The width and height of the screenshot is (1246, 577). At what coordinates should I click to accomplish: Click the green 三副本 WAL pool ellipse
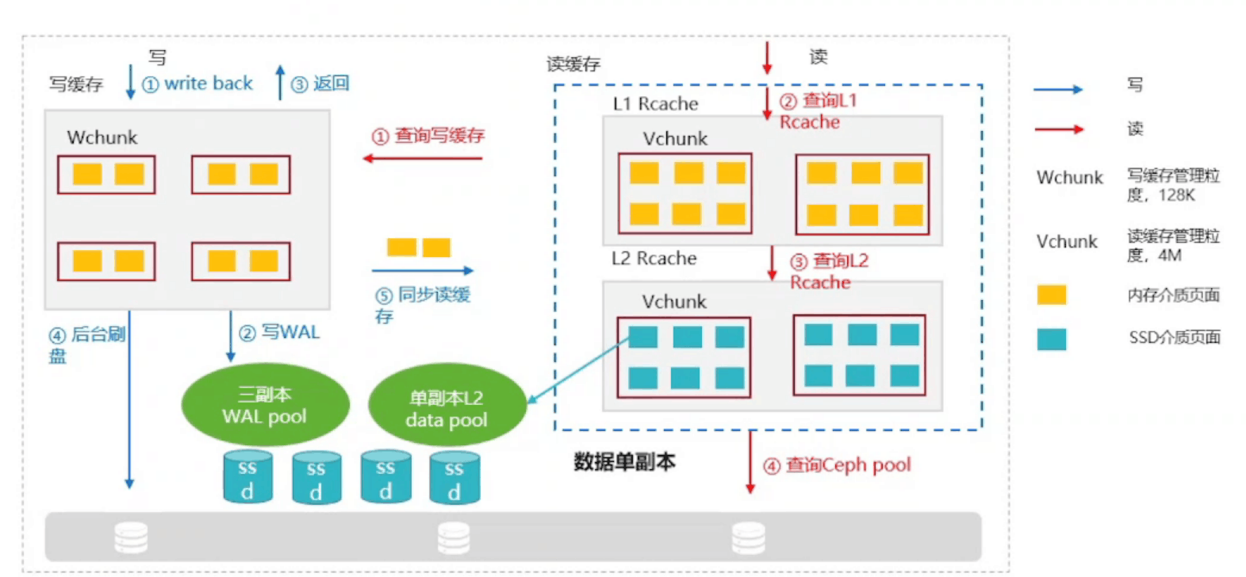[x=265, y=405]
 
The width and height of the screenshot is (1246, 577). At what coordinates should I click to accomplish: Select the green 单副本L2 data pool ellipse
[x=447, y=408]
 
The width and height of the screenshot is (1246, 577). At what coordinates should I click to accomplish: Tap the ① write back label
[x=197, y=83]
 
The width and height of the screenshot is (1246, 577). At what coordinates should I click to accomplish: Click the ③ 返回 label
[x=320, y=83]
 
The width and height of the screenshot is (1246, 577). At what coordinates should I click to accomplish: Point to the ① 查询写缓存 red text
[x=428, y=136]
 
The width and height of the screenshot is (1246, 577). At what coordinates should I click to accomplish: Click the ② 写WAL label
[x=280, y=333]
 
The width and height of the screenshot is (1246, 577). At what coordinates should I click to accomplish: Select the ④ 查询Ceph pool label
[x=837, y=465]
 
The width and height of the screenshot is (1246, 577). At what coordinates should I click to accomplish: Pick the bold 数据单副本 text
[x=624, y=462]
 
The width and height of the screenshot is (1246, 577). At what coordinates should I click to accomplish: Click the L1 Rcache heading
[x=655, y=104]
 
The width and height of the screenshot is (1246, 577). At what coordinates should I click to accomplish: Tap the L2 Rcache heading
[x=654, y=259]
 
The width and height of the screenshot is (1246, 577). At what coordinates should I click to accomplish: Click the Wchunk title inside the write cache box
[x=102, y=137]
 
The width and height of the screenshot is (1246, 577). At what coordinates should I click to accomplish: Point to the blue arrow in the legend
[x=1058, y=90]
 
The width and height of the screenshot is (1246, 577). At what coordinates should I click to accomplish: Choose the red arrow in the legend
[x=1058, y=129]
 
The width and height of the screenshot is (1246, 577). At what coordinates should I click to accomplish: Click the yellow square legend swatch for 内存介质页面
[x=1051, y=295]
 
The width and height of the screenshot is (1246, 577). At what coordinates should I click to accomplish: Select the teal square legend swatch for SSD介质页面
[x=1051, y=339]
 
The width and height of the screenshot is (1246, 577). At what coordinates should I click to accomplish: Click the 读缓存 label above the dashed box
[x=573, y=64]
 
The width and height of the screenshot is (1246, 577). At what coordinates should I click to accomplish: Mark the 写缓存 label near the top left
[x=76, y=84]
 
